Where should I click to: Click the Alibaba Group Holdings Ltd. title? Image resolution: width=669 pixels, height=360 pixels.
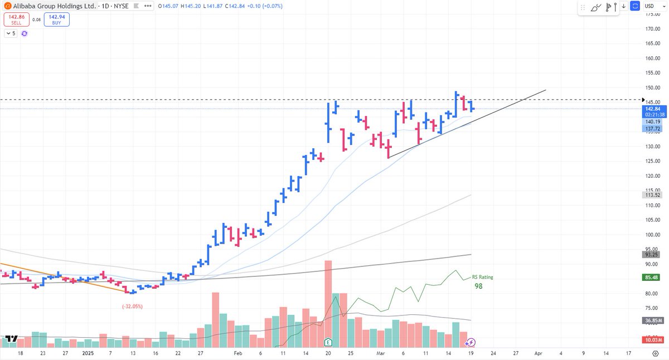click(48, 5)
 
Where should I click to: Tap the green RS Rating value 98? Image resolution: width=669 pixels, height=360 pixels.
click(478, 286)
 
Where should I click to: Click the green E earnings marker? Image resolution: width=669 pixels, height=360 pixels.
click(328, 341)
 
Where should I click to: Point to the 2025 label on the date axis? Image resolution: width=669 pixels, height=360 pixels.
click(88, 353)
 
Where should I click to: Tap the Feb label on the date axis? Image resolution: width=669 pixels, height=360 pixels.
click(238, 353)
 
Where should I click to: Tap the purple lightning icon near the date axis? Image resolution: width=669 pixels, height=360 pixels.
click(471, 342)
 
